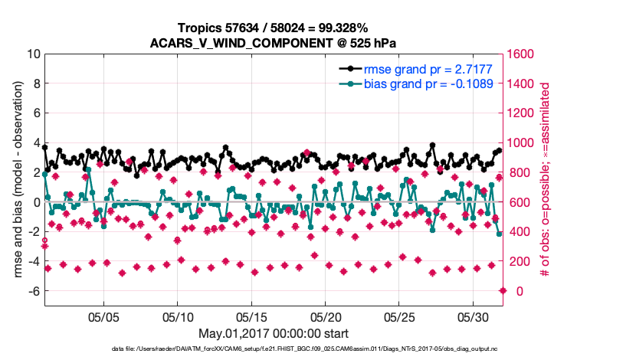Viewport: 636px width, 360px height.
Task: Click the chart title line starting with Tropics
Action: click(x=273, y=28)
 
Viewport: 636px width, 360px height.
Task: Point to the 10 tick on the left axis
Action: click(x=32, y=54)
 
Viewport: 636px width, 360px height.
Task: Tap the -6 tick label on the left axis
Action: click(x=32, y=291)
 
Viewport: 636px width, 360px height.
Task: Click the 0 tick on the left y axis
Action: click(x=35, y=202)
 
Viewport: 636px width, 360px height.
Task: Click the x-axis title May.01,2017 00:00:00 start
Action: click(x=273, y=333)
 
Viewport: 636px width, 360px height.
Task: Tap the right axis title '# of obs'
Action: click(x=546, y=180)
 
